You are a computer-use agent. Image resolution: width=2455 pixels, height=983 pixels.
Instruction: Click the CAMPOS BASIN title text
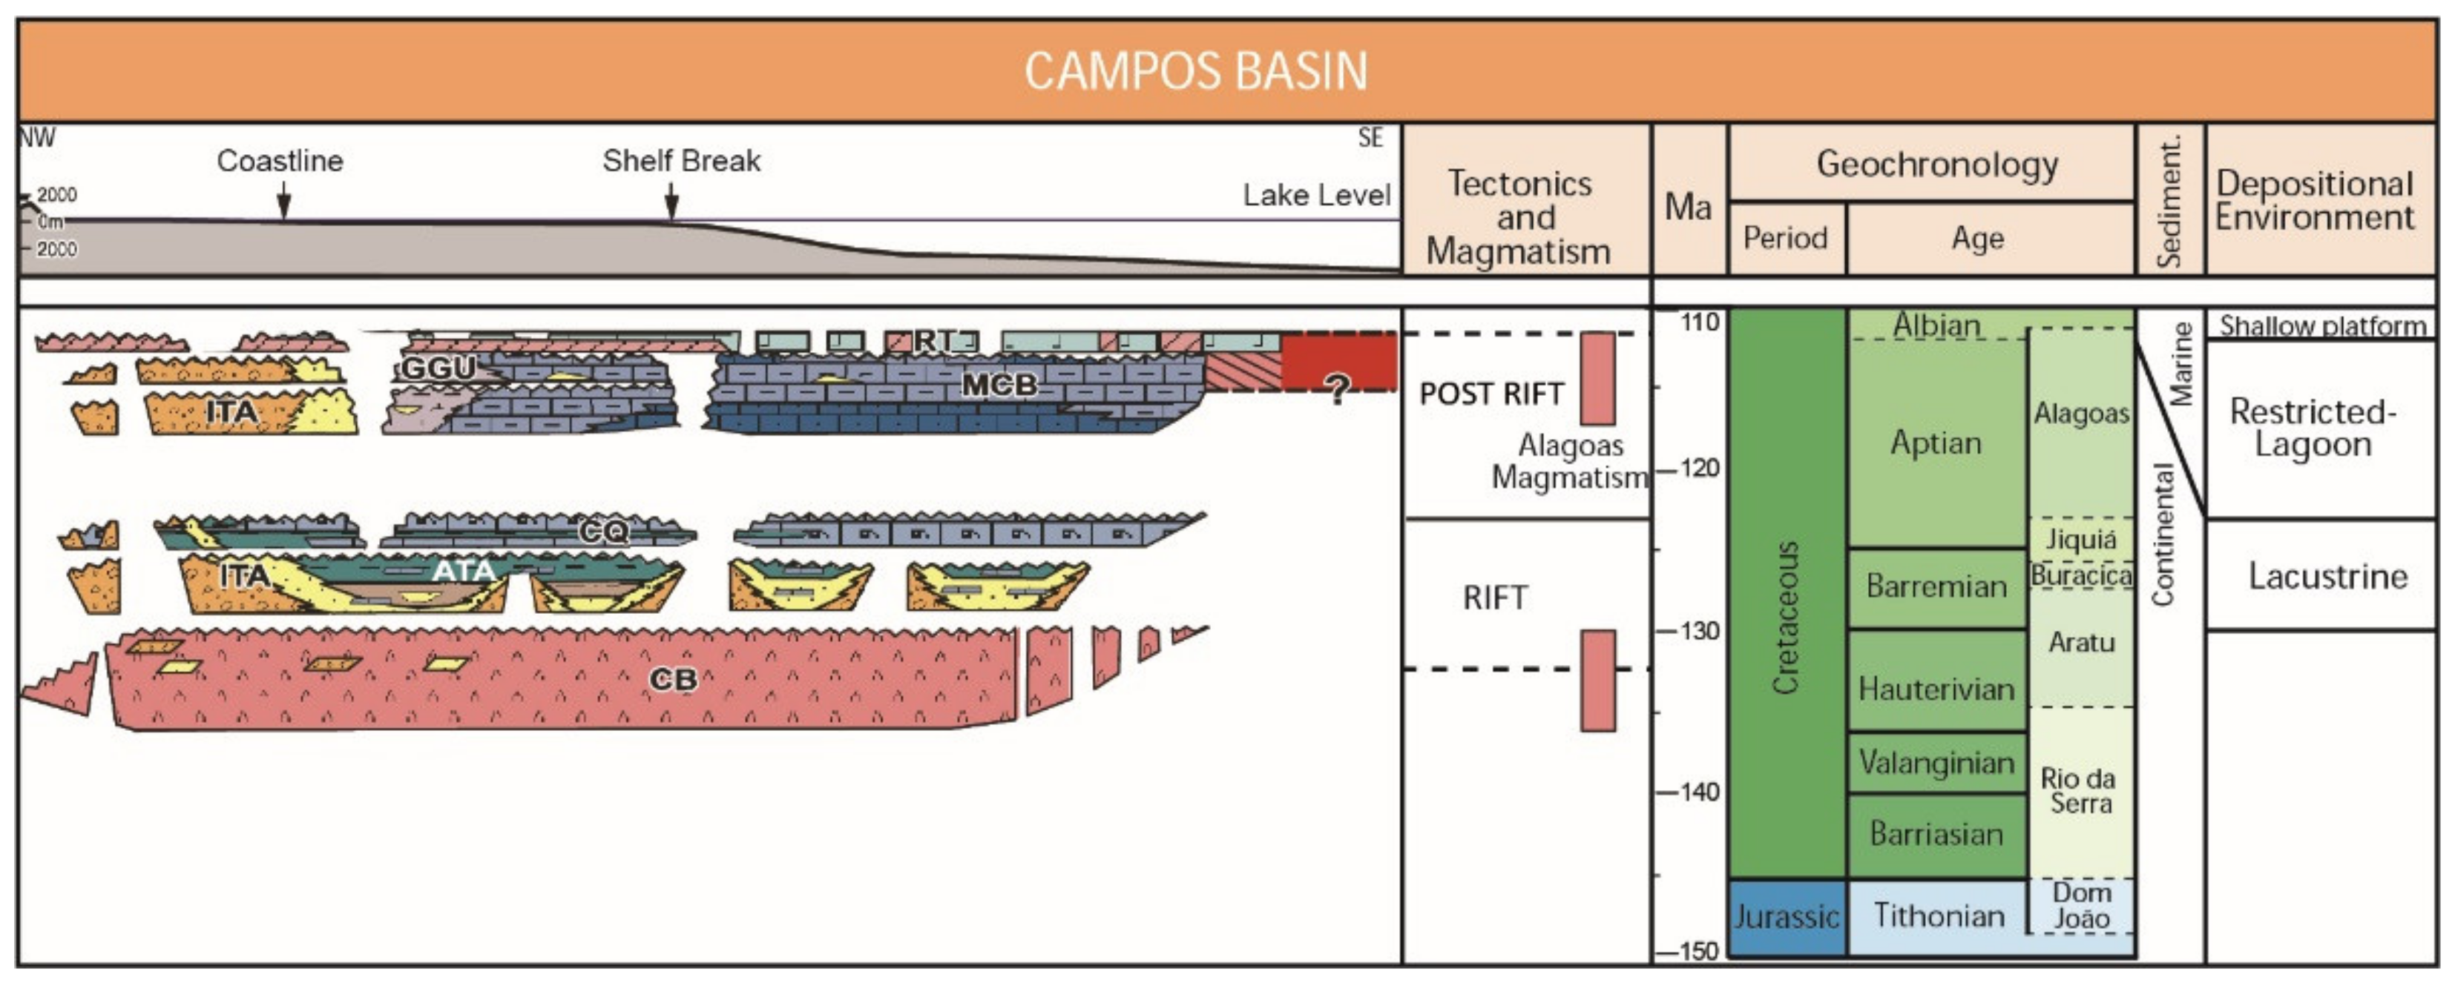[1195, 70]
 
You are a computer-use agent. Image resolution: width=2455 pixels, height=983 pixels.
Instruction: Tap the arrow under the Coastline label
[283, 202]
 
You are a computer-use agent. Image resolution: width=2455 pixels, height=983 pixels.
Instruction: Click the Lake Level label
[1316, 195]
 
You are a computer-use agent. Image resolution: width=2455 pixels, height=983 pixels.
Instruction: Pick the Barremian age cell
[1936, 586]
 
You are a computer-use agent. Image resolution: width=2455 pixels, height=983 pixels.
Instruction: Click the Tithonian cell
[1939, 916]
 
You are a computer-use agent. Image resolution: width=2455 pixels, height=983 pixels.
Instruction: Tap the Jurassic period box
[1786, 916]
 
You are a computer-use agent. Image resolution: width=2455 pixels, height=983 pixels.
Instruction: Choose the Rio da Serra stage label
[2080, 790]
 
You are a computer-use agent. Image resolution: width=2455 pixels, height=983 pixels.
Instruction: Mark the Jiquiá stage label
[2080, 539]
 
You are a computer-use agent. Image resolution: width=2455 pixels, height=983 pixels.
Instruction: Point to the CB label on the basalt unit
[673, 679]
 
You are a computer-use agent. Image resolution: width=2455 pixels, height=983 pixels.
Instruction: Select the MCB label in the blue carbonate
[998, 385]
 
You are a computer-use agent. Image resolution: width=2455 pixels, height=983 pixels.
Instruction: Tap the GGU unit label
[438, 368]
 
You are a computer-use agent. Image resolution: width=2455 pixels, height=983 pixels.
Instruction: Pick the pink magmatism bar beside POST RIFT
[1598, 378]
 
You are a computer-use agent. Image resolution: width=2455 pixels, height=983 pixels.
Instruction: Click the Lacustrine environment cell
[2327, 576]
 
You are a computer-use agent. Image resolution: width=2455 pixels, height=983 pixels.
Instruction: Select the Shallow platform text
[2322, 325]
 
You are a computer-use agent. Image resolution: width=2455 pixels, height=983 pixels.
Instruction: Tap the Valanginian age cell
[1936, 762]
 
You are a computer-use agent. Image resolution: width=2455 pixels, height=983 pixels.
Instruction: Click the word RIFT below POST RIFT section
[1495, 598]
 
